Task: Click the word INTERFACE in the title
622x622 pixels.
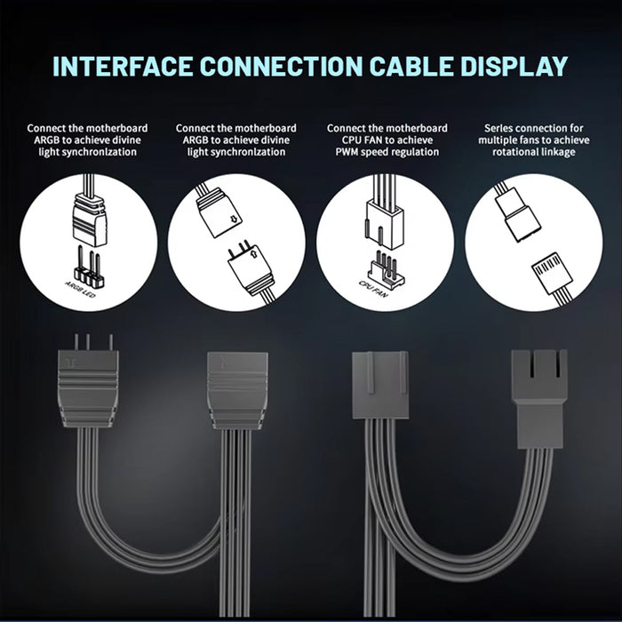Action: tap(123, 67)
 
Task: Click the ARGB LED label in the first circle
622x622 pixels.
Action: tap(80, 290)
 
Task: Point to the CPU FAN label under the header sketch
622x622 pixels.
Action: tap(373, 289)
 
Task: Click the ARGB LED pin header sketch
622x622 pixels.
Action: tap(89, 267)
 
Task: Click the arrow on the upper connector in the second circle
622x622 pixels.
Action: tap(234, 218)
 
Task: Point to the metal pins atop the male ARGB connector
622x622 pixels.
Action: tap(92, 342)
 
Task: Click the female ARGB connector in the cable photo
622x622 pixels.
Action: tap(237, 391)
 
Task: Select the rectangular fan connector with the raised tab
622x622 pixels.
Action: tap(380, 386)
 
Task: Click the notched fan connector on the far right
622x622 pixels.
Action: tap(539, 399)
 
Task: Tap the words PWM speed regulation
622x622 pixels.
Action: tap(387, 152)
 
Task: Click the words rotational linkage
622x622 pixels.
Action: tap(533, 152)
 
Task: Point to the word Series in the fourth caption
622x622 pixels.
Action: tap(498, 129)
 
